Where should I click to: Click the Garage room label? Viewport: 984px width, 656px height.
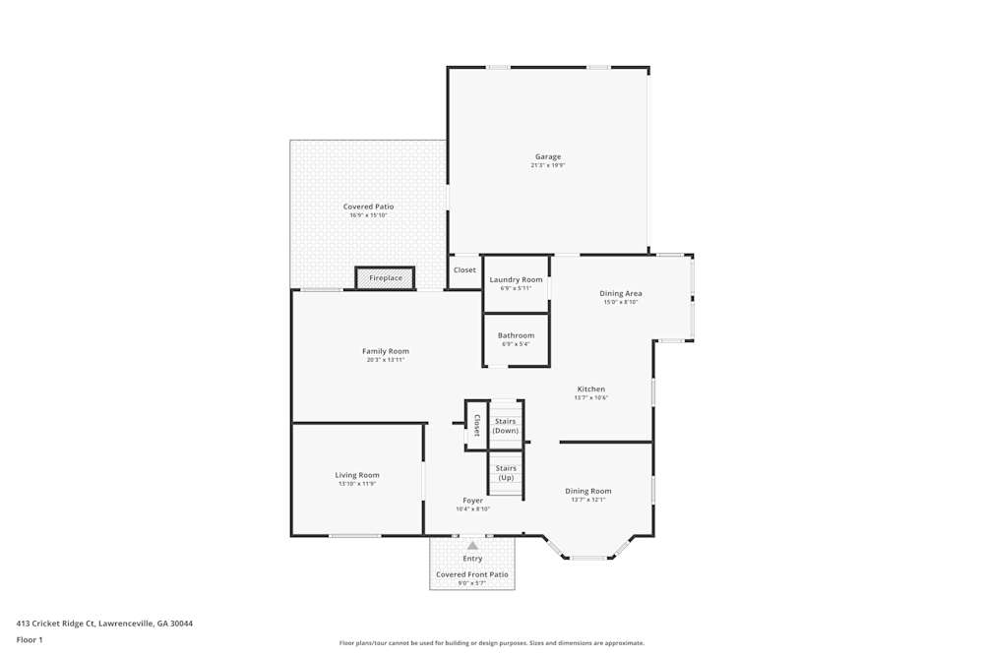pyautogui.click(x=548, y=156)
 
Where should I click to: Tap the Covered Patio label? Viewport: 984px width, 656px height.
pyautogui.click(x=368, y=207)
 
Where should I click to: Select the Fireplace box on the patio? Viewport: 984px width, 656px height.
pyautogui.click(x=386, y=278)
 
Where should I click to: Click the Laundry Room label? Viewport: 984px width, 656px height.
pyautogui.click(x=516, y=279)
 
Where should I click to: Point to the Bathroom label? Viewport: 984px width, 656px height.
pyautogui.click(x=516, y=335)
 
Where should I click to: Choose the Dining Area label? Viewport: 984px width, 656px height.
pyautogui.click(x=621, y=293)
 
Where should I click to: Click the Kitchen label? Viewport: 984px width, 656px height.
pyautogui.click(x=590, y=388)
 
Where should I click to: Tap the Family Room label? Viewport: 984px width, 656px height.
pyautogui.click(x=385, y=351)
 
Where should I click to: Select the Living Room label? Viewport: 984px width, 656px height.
pyautogui.click(x=356, y=475)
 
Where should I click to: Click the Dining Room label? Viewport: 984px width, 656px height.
pyautogui.click(x=587, y=491)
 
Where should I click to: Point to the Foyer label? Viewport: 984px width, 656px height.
pyautogui.click(x=472, y=501)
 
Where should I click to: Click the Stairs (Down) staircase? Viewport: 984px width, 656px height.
pyautogui.click(x=506, y=425)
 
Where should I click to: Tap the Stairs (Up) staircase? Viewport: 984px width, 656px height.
pyautogui.click(x=506, y=472)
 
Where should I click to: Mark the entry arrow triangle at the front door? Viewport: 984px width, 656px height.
pyautogui.click(x=472, y=545)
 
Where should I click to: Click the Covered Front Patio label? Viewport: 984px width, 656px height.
pyautogui.click(x=472, y=574)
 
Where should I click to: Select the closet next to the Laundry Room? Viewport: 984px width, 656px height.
pyautogui.click(x=464, y=269)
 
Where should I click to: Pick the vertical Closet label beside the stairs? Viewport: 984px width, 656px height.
pyautogui.click(x=477, y=425)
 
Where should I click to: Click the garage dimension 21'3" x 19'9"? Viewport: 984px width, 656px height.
pyautogui.click(x=548, y=165)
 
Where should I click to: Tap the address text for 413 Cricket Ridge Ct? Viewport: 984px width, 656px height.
pyautogui.click(x=104, y=623)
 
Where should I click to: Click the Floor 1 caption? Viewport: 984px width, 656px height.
pyautogui.click(x=30, y=639)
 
